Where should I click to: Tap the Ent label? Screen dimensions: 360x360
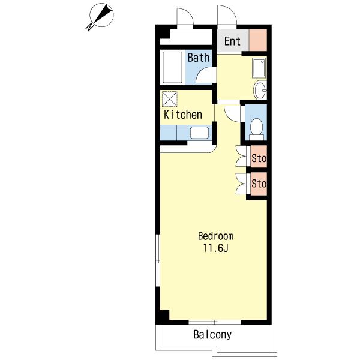click(x=232, y=41)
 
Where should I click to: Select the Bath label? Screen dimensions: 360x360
click(x=199, y=58)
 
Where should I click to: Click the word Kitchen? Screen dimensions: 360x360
click(x=183, y=115)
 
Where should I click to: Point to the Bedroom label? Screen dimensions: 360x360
click(x=215, y=236)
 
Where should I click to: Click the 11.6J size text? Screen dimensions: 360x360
click(x=215, y=248)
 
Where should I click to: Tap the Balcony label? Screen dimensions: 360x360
click(x=212, y=335)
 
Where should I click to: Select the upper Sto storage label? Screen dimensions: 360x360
click(x=259, y=158)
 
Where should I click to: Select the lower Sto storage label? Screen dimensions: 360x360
click(x=259, y=184)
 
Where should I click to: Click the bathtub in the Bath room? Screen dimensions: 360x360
click(x=172, y=67)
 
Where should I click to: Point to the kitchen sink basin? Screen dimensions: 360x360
click(x=199, y=133)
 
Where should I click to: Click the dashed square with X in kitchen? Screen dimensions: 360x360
click(x=170, y=99)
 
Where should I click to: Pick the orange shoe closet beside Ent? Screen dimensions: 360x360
click(x=258, y=40)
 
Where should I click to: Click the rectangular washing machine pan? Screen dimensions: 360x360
click(x=259, y=68)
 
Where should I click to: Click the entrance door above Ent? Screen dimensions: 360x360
click(x=227, y=16)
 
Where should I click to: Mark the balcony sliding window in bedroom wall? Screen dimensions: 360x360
click(x=215, y=322)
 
